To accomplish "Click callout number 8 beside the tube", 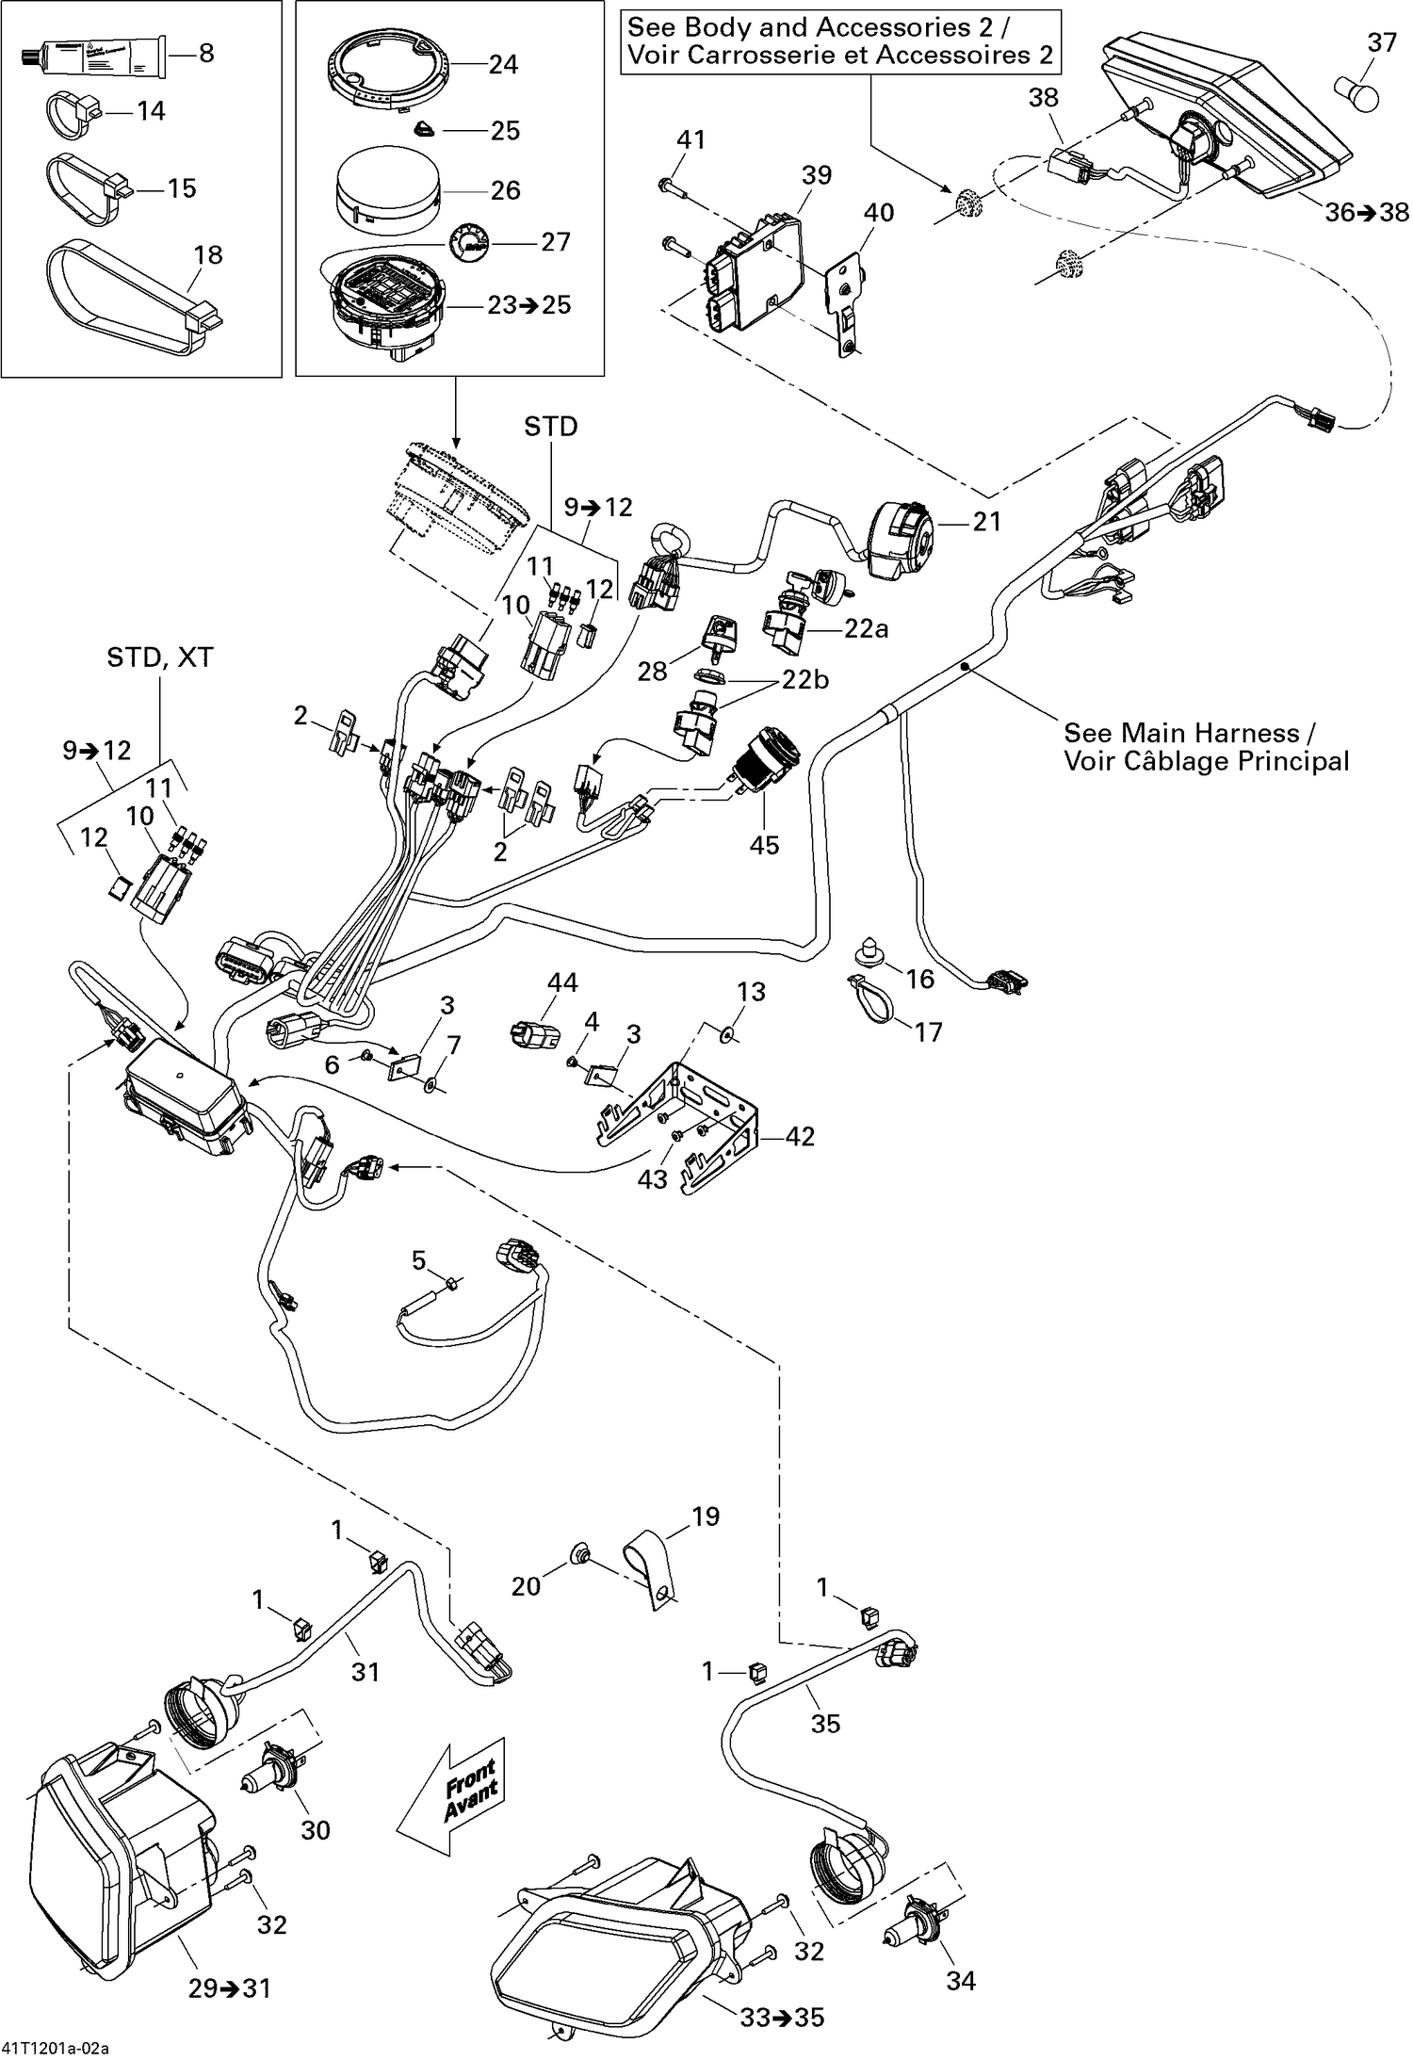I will coord(206,54).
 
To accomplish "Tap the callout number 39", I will coord(817,175).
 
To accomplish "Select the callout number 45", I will coord(764,845).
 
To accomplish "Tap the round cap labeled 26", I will coord(389,190).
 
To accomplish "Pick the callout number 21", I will coord(986,521).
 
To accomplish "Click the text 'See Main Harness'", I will coord(1191,732).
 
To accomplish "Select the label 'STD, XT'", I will coord(160,657).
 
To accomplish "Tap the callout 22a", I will coord(866,629).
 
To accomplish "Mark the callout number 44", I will coord(562,983).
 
